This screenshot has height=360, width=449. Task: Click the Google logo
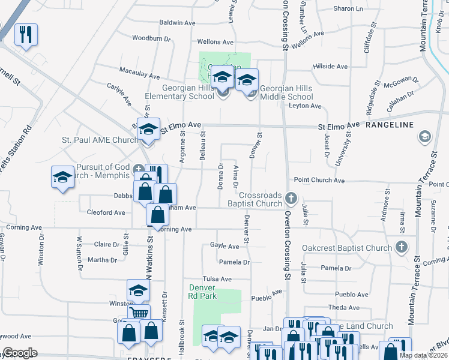tap(20, 353)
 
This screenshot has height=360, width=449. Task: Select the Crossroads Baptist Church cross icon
tap(291, 197)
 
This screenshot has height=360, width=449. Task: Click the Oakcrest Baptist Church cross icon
tap(402, 247)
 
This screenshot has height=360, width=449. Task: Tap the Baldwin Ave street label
tap(178, 23)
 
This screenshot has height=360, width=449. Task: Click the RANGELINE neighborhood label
tap(390, 125)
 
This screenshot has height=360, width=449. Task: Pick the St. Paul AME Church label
tap(100, 140)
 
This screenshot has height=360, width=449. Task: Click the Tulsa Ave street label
tap(217, 279)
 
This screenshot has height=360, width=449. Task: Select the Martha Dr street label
tap(102, 260)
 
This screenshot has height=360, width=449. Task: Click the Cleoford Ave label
tap(106, 212)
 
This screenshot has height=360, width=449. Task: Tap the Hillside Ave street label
tap(330, 67)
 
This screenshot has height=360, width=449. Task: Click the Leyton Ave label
tap(306, 106)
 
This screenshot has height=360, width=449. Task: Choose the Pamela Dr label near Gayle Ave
tap(234, 262)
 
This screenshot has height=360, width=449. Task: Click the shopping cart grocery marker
tap(139, 313)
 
